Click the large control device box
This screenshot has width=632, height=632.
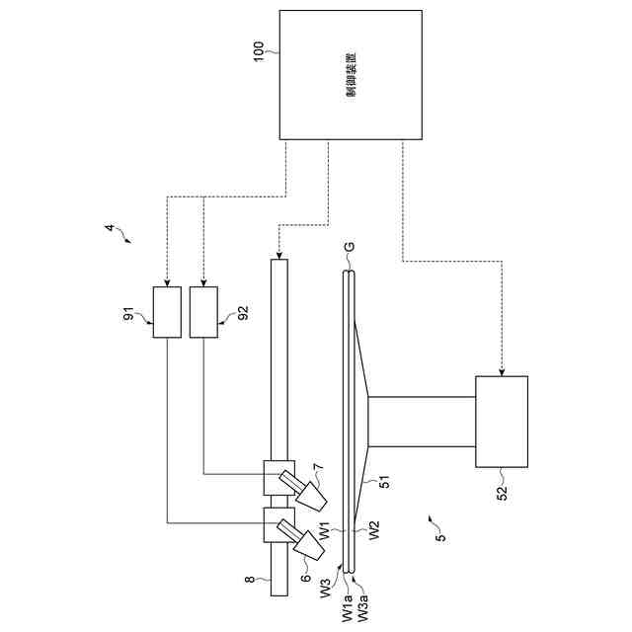tap(353, 76)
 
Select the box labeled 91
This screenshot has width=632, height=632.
tap(168, 312)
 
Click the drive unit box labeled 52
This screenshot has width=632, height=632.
tap(502, 421)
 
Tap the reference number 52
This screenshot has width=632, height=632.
tap(501, 489)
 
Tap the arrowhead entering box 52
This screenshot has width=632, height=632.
tap(502, 371)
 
